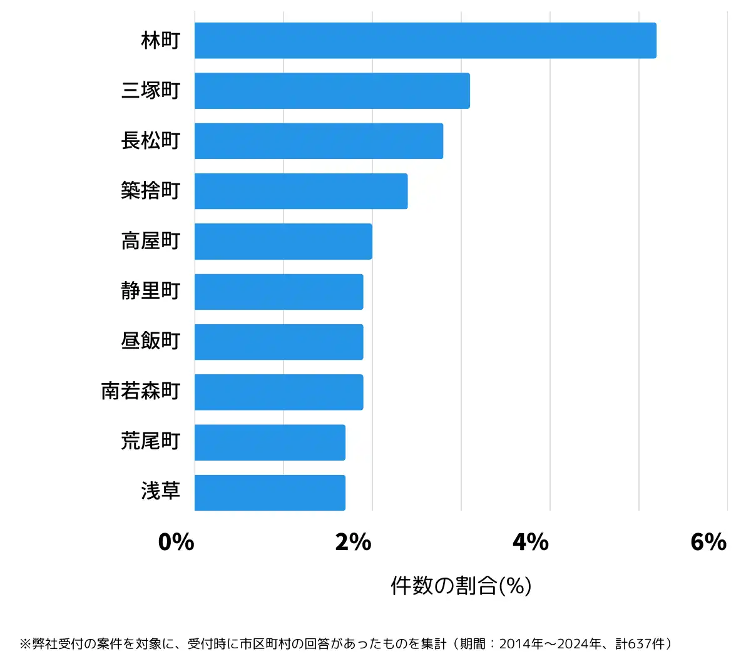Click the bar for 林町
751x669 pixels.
tap(426, 41)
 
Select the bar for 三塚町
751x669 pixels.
tap(332, 91)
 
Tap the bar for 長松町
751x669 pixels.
tap(319, 141)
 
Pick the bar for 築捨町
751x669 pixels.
tap(301, 191)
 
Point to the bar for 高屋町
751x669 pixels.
tap(284, 242)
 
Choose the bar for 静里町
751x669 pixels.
tap(279, 292)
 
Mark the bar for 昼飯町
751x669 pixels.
tap(279, 342)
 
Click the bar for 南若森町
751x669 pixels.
tap(279, 392)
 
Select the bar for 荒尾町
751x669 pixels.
tap(270, 442)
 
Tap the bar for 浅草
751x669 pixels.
tap(270, 493)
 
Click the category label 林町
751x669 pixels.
tap(161, 41)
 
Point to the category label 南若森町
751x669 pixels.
tap(141, 392)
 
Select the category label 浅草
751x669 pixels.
tap(161, 492)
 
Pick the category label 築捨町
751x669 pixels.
tap(151, 191)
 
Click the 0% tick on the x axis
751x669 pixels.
tap(176, 542)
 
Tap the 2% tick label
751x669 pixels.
tap(354, 542)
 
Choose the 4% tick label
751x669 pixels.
tap(531, 542)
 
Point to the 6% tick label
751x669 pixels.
tap(708, 542)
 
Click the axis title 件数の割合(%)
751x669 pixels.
tap(461, 586)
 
